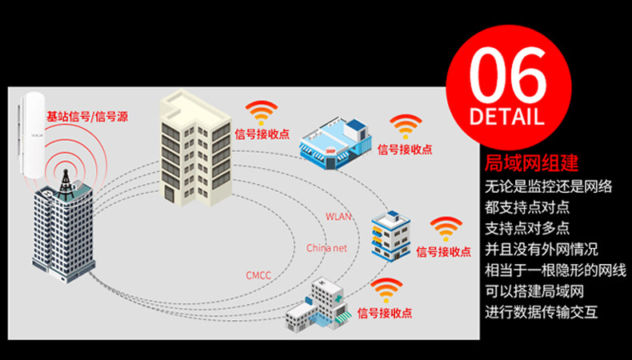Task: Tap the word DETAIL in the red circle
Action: [x=507, y=116]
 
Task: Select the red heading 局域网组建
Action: [x=532, y=163]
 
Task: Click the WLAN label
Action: [x=338, y=217]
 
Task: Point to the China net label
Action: [x=326, y=247]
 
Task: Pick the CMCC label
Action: [x=258, y=276]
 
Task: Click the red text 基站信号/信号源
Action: [x=87, y=117]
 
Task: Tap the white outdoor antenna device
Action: [x=30, y=135]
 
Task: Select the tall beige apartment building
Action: [x=195, y=147]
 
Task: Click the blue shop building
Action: [x=335, y=142]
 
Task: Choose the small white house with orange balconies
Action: [x=390, y=236]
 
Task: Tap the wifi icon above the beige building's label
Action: [x=262, y=113]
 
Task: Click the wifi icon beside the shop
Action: [x=406, y=126]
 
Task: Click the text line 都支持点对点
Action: [x=527, y=208]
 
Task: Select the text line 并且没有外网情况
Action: [x=541, y=250]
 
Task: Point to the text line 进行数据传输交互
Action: [x=541, y=312]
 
